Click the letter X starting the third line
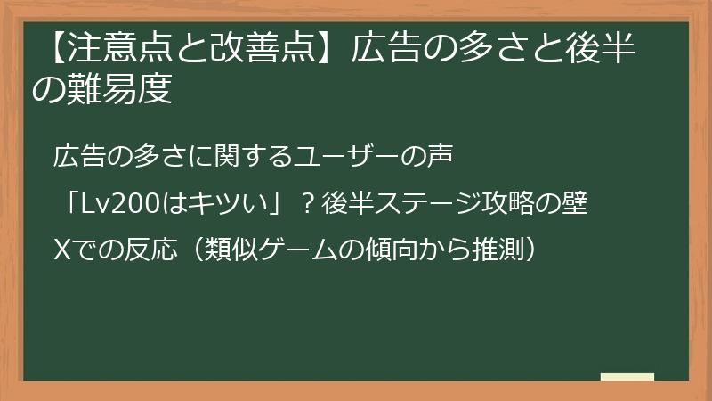(61, 250)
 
